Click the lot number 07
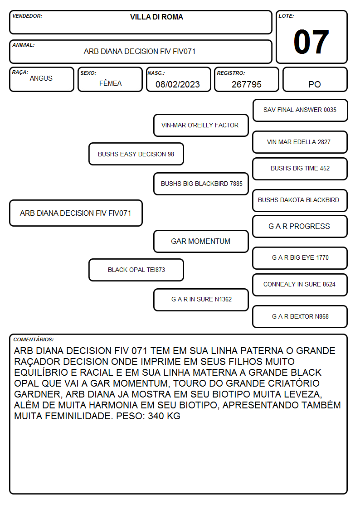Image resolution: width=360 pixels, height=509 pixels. pyautogui.click(x=311, y=42)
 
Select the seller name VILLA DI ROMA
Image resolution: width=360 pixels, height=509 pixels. pyautogui.click(x=156, y=17)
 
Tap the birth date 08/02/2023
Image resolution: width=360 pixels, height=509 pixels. pyautogui.click(x=178, y=84)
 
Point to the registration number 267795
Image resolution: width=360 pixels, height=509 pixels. pyautogui.click(x=246, y=84)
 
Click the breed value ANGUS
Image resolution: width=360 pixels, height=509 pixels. pyautogui.click(x=41, y=78)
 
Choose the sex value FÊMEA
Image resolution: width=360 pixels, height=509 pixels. pyautogui.click(x=110, y=83)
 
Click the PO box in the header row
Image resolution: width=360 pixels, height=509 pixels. pyautogui.click(x=315, y=79)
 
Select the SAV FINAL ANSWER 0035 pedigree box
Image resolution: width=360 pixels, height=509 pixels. pyautogui.click(x=300, y=111)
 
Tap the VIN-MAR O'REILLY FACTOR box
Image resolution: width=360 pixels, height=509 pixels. pyautogui.click(x=201, y=125)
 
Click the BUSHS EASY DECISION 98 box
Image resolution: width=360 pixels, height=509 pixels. pyautogui.click(x=136, y=154)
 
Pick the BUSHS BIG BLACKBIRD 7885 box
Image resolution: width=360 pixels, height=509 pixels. pyautogui.click(x=201, y=184)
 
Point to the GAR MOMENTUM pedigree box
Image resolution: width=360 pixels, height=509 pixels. pyautogui.click(x=201, y=242)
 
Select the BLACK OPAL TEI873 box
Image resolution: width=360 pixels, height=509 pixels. pyautogui.click(x=136, y=270)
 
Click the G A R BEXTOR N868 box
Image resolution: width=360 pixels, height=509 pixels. pyautogui.click(x=300, y=316)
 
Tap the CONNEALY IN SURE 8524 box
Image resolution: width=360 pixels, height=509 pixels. pyautogui.click(x=300, y=285)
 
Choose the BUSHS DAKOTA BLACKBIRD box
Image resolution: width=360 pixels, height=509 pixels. pyautogui.click(x=300, y=200)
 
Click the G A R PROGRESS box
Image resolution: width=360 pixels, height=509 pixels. pyautogui.click(x=300, y=227)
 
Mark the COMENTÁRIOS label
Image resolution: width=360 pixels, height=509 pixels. pyautogui.click(x=34, y=339)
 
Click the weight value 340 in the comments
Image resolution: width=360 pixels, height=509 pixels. pyautogui.click(x=156, y=416)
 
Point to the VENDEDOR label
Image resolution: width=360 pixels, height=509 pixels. pyautogui.click(x=27, y=16)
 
